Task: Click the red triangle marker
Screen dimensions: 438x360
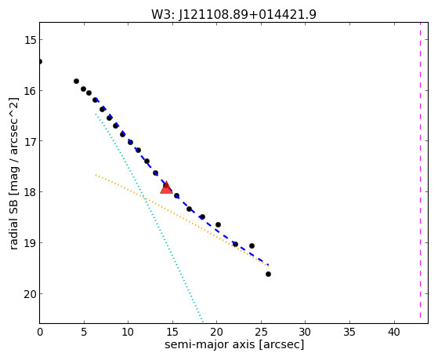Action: coord(166,187)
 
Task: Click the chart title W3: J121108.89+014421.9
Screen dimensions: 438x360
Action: coord(233,14)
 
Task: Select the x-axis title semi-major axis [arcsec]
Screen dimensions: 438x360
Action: coord(234,344)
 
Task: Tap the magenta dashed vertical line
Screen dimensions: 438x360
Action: coord(420,173)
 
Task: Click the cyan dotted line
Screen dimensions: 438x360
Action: coord(149,218)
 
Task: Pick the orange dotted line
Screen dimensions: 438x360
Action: coord(182,220)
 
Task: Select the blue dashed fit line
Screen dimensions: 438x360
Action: coord(182,182)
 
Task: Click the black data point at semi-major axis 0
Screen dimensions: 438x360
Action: coord(40,61)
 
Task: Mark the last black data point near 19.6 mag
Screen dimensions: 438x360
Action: coord(268,275)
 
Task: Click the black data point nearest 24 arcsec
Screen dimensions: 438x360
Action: coord(252,245)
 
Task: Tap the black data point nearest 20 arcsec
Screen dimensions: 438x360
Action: coord(218,224)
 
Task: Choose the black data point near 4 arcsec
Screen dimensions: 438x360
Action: coord(76,81)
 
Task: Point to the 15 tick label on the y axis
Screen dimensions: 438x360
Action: coord(30,40)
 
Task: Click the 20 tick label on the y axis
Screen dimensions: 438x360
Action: coord(30,294)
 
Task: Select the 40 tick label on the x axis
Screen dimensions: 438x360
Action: coord(394,332)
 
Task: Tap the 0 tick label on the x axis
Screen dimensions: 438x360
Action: coord(40,332)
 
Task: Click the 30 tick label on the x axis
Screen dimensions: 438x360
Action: coord(305,332)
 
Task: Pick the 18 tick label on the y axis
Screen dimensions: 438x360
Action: coord(30,192)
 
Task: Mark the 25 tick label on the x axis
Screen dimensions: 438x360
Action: coord(261,332)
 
